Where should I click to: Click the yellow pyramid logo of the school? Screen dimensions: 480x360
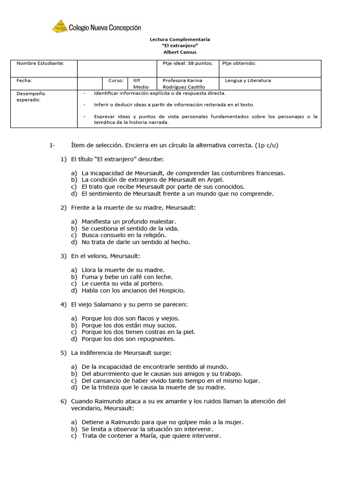[x=60, y=26]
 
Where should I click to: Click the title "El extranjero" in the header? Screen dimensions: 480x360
[x=180, y=46]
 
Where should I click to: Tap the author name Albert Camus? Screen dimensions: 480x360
[x=180, y=52]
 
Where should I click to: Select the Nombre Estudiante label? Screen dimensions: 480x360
[x=40, y=63]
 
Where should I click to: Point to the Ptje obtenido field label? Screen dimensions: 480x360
[x=239, y=63]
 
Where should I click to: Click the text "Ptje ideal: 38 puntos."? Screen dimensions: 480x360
[x=187, y=63]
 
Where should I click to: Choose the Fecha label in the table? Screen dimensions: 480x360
[x=24, y=81]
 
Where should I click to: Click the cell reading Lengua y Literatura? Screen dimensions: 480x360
[x=248, y=81]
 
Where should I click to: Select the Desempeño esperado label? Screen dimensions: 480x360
[x=31, y=96]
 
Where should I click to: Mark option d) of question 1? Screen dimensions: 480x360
[x=74, y=194]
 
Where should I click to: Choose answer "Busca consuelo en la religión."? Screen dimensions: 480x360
[x=123, y=235]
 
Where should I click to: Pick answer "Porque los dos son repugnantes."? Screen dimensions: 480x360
[x=128, y=339]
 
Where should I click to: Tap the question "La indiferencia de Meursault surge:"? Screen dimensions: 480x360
[x=121, y=352]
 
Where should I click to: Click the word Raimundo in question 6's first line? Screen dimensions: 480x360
[x=107, y=401]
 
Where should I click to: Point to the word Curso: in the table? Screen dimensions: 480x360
[x=115, y=81]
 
